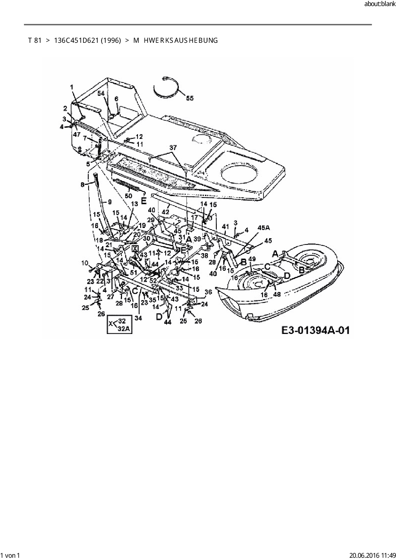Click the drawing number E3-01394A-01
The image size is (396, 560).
(x=315, y=330)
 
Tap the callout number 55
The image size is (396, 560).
(x=190, y=98)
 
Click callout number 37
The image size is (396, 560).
(x=173, y=148)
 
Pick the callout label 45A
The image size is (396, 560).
(x=263, y=228)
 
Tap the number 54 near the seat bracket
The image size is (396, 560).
(x=101, y=93)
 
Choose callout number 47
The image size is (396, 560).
(x=77, y=135)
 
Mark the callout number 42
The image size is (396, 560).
(x=165, y=212)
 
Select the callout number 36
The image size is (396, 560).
(x=208, y=292)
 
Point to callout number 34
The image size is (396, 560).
(x=138, y=318)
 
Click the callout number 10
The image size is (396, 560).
(x=85, y=263)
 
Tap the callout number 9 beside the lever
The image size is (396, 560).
(x=110, y=202)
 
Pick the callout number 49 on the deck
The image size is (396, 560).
(x=252, y=259)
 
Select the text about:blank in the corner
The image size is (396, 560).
(x=379, y=4)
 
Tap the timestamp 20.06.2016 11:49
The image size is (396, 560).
(x=372, y=556)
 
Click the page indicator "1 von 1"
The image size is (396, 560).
(x=11, y=556)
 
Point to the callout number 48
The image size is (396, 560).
(x=277, y=294)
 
